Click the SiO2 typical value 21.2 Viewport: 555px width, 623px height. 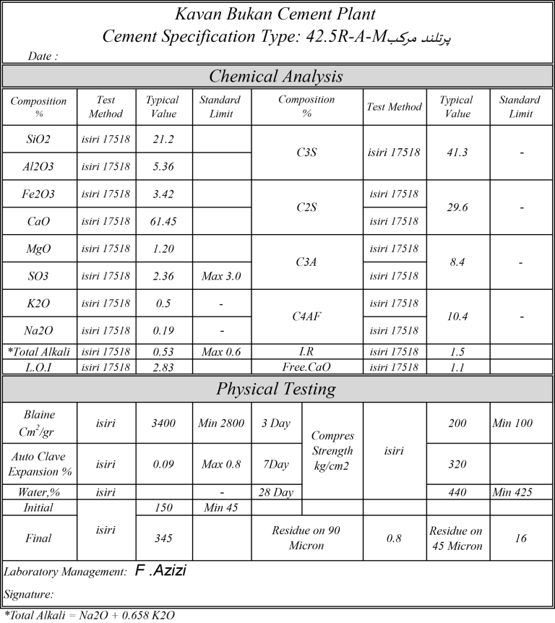pyautogui.click(x=164, y=139)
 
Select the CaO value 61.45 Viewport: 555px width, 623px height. pyautogui.click(x=164, y=221)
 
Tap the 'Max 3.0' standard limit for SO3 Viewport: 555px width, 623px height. pyautogui.click(x=221, y=276)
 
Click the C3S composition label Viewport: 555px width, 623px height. pyautogui.click(x=307, y=152)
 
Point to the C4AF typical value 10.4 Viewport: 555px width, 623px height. pyautogui.click(x=457, y=317)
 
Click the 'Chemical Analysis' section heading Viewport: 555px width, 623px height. pyautogui.click(x=277, y=76)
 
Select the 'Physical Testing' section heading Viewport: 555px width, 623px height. pyautogui.click(x=277, y=389)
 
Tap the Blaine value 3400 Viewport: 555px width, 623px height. pyautogui.click(x=164, y=423)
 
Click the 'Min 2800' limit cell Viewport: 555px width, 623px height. pyautogui.click(x=221, y=423)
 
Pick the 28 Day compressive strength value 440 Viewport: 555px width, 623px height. pyautogui.click(x=457, y=492)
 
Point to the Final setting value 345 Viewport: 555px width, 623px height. pyautogui.click(x=164, y=538)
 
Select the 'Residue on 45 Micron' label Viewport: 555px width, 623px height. pyautogui.click(x=457, y=538)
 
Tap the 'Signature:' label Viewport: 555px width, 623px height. pyautogui.click(x=29, y=595)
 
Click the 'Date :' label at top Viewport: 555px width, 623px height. pyautogui.click(x=43, y=56)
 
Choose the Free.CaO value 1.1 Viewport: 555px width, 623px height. pyautogui.click(x=457, y=366)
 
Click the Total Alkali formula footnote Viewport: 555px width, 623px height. pyautogui.click(x=89, y=616)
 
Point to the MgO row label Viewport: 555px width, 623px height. pyautogui.click(x=39, y=249)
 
